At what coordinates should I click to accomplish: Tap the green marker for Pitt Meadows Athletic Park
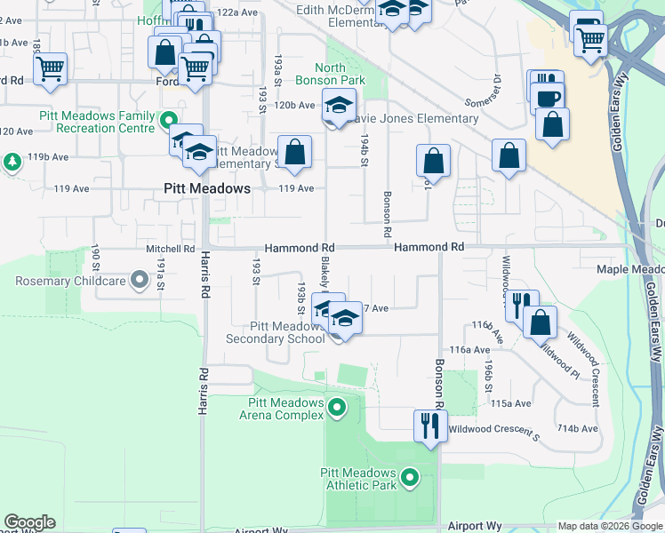click(410, 479)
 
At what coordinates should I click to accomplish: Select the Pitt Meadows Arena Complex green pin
click(336, 409)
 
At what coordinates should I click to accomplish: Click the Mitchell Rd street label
click(170, 249)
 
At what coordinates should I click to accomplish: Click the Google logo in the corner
click(29, 522)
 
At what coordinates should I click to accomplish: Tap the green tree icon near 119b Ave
click(12, 162)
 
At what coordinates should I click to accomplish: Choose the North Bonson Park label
click(341, 74)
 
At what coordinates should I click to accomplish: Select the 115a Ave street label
click(511, 402)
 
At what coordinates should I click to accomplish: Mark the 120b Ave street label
click(294, 105)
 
